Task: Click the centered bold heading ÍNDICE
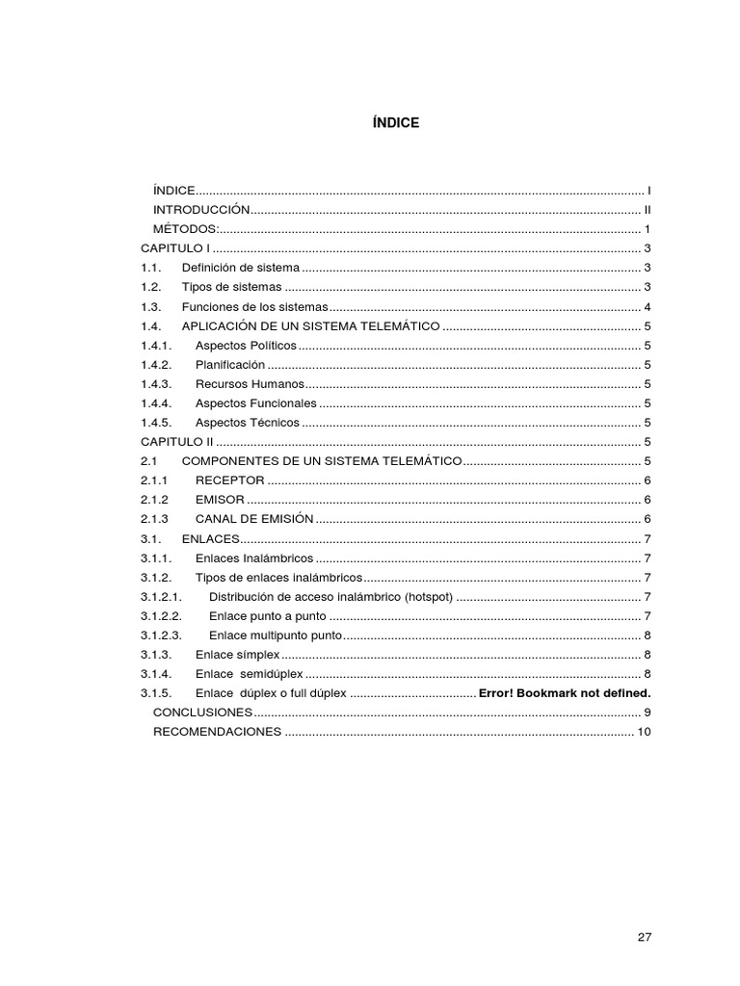click(395, 123)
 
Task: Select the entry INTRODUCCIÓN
click(201, 210)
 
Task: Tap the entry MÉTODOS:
click(186, 229)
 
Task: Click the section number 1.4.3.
click(155, 384)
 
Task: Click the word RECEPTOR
click(229, 480)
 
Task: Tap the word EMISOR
click(220, 500)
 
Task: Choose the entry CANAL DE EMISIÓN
click(254, 519)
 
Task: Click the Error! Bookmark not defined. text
click(565, 693)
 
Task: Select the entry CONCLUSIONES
click(202, 713)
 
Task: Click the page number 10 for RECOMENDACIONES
click(644, 733)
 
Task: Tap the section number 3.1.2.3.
click(162, 636)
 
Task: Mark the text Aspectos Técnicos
click(247, 423)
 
